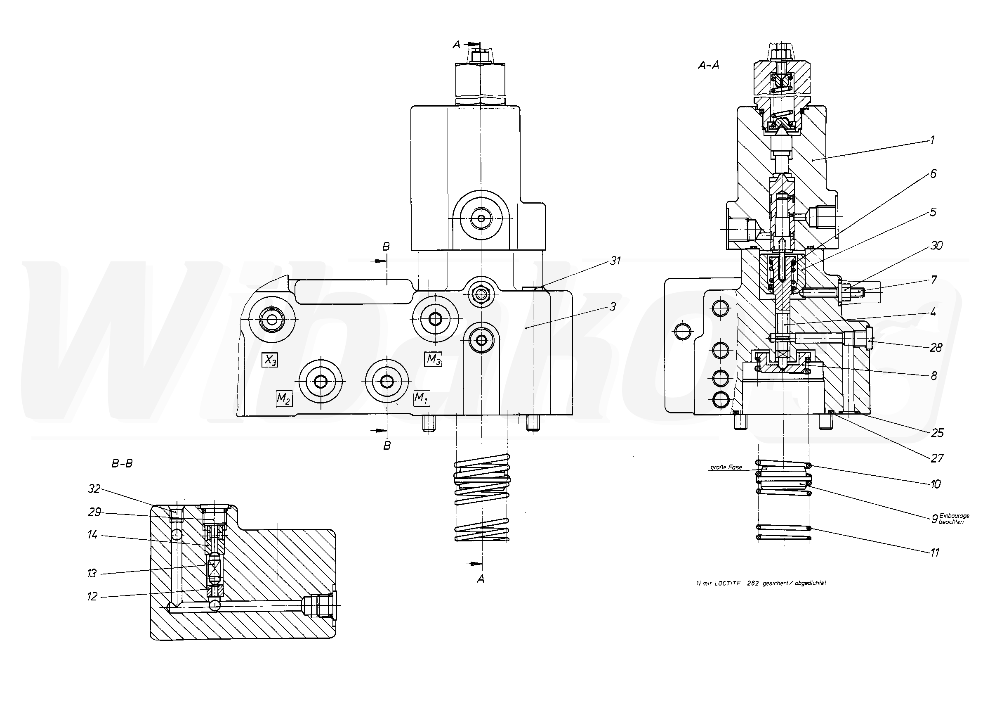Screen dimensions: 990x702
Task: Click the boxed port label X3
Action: click(x=270, y=360)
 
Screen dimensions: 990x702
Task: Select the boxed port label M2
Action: click(x=284, y=398)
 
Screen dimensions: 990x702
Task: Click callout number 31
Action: click(x=615, y=261)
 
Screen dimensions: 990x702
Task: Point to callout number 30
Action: click(x=936, y=245)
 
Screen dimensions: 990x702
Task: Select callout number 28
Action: click(x=936, y=348)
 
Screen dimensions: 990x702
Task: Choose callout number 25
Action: click(x=937, y=433)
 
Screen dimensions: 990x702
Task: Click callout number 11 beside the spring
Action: click(x=935, y=553)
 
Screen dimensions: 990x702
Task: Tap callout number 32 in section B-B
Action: click(x=94, y=489)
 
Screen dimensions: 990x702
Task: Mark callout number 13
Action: click(x=92, y=574)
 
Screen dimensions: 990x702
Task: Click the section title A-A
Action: click(x=709, y=65)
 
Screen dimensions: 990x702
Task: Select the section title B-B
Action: click(x=122, y=464)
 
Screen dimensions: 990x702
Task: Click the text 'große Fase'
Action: click(x=726, y=467)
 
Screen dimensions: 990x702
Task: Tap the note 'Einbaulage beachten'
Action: click(x=954, y=519)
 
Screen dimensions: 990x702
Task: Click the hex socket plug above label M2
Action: click(x=321, y=381)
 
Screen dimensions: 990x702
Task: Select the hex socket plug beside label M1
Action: click(x=387, y=381)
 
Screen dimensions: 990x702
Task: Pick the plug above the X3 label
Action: click(x=272, y=320)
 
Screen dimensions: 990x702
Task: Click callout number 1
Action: click(x=932, y=140)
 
